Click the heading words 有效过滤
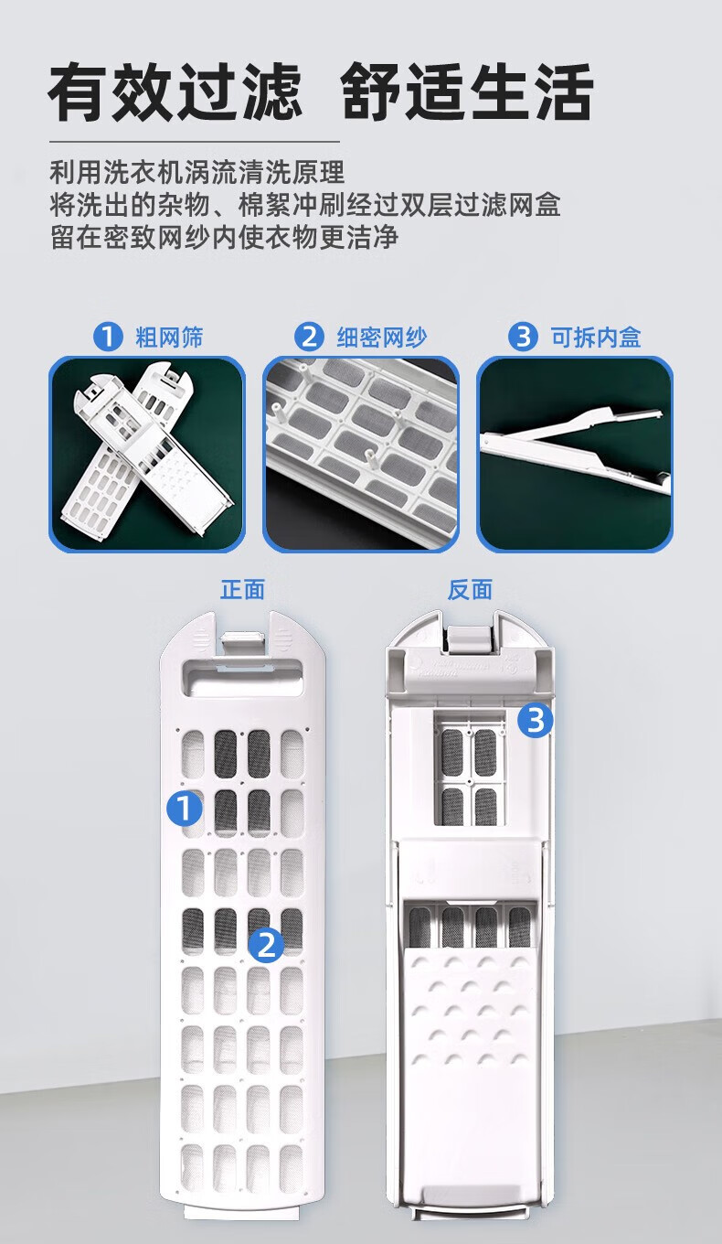pyautogui.click(x=175, y=92)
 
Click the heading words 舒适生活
pyautogui.click(x=467, y=92)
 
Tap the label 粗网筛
pyautogui.click(x=170, y=338)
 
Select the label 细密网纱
pyautogui.click(x=382, y=338)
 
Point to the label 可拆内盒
pyautogui.click(x=596, y=338)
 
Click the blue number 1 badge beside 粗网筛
pyautogui.click(x=108, y=338)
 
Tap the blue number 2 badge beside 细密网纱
pyautogui.click(x=309, y=338)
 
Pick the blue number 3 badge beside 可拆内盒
pyautogui.click(x=523, y=338)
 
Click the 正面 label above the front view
pyautogui.click(x=242, y=590)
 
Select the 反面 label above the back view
pyautogui.click(x=470, y=590)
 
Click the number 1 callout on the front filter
pyautogui.click(x=185, y=808)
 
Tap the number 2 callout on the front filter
pyautogui.click(x=266, y=944)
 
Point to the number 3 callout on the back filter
pyautogui.click(x=536, y=720)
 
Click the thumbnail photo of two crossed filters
pyautogui.click(x=147, y=455)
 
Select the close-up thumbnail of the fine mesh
pyautogui.click(x=361, y=455)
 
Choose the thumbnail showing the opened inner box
pyautogui.click(x=574, y=455)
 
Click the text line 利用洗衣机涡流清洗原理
pyautogui.click(x=197, y=172)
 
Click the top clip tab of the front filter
pyautogui.click(x=242, y=643)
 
